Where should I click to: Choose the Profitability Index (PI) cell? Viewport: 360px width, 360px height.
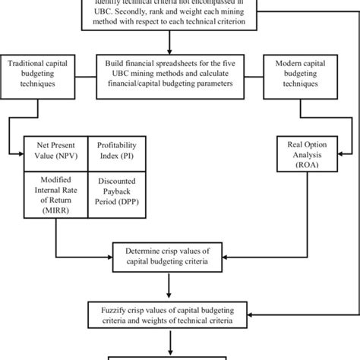click(x=115, y=149)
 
